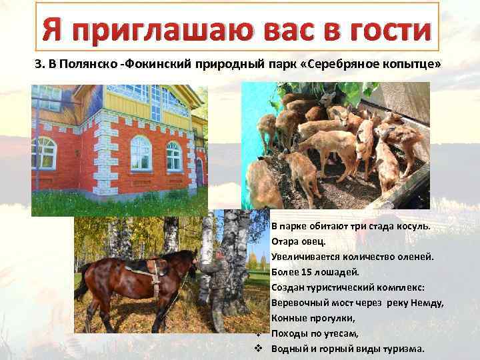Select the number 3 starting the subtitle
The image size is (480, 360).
point(38,65)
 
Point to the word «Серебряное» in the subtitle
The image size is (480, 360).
point(356,65)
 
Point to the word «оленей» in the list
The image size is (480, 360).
point(417,256)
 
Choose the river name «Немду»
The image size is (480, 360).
point(427,303)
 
